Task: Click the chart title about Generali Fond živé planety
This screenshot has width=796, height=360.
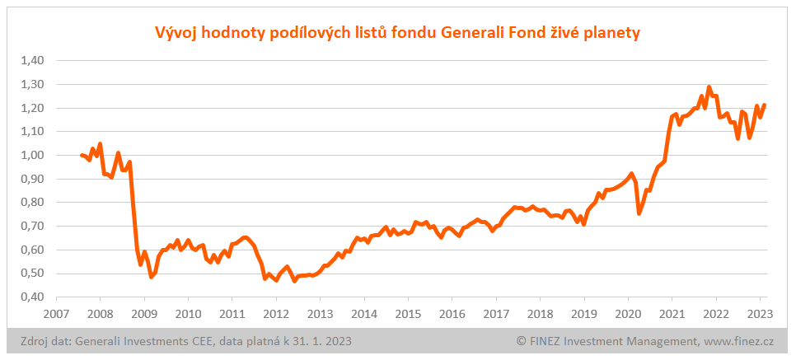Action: (398, 33)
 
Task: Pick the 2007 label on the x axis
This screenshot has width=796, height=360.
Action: (56, 314)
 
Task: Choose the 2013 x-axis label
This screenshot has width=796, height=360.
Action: (320, 314)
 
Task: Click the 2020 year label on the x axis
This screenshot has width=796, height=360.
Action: (628, 314)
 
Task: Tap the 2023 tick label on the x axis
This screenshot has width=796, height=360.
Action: (760, 314)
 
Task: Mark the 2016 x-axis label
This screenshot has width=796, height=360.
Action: (452, 314)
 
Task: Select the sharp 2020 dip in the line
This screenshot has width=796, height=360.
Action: (639, 213)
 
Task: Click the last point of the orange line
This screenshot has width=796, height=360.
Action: (764, 105)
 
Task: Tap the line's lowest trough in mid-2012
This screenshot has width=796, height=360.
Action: (294, 281)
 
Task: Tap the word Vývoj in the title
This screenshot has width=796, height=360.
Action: (175, 33)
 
